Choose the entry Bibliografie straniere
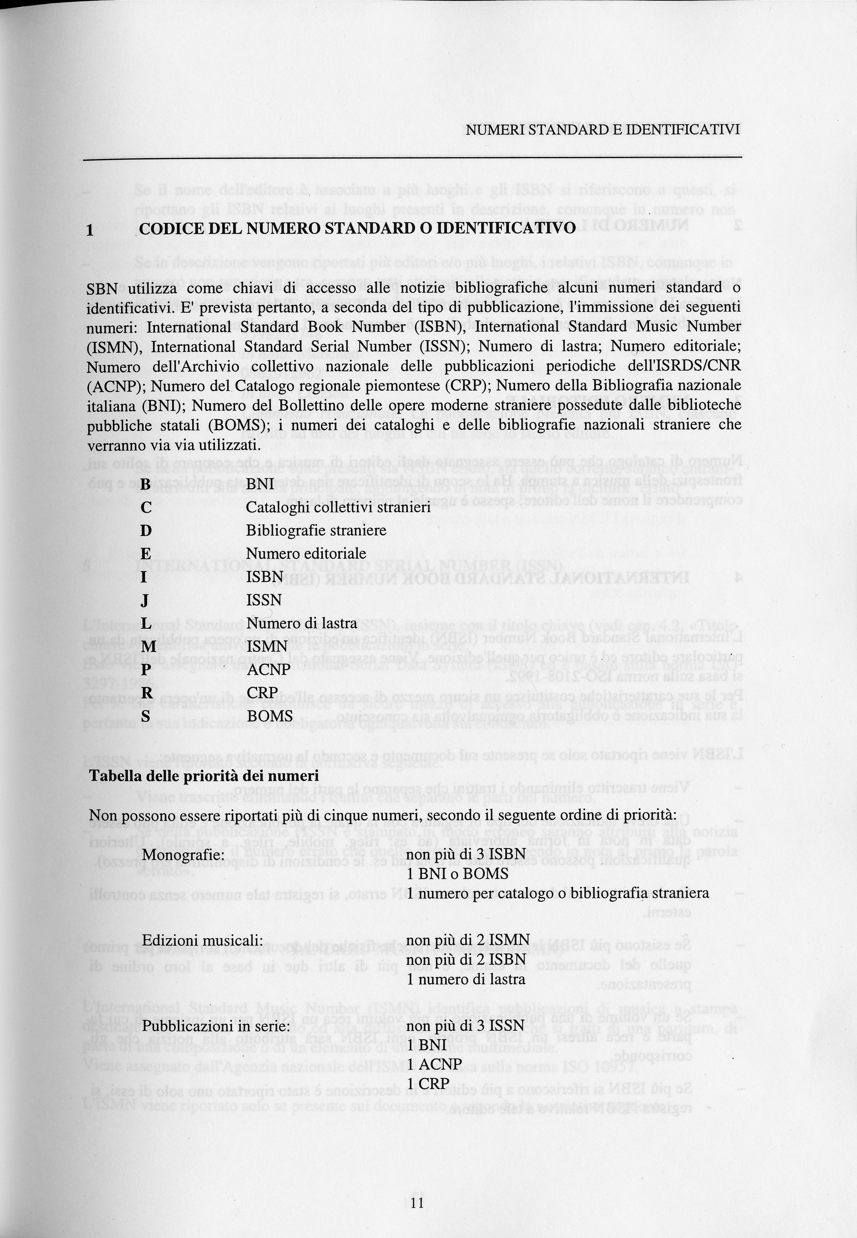click(x=316, y=530)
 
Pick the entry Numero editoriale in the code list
click(x=306, y=554)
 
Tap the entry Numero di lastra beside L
click(x=301, y=623)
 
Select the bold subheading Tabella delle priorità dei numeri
click(x=204, y=776)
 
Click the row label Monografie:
click(x=182, y=854)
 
